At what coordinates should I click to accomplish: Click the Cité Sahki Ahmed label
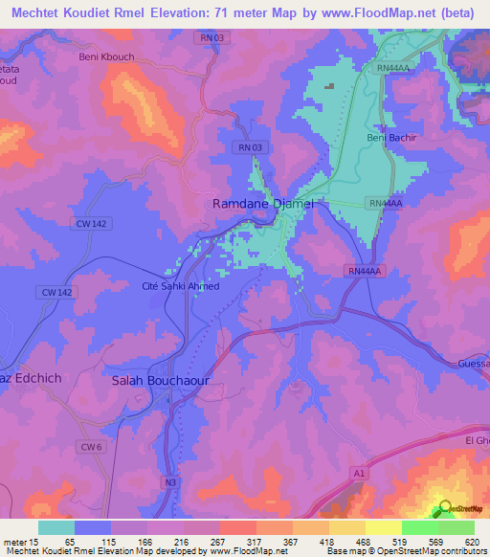coord(180,286)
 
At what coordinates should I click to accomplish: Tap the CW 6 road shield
coord(90,447)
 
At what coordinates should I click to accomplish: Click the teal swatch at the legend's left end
coord(56,527)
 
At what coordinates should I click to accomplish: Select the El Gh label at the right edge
coord(476,439)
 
